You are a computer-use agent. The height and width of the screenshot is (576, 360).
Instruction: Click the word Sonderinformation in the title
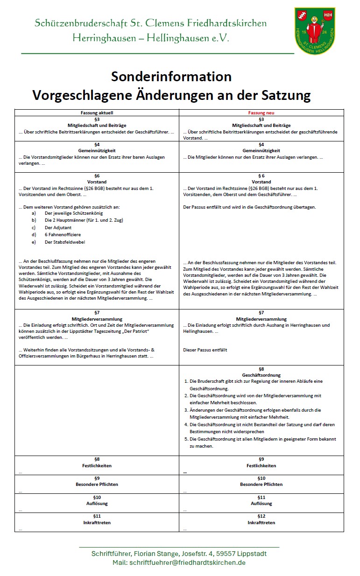171,76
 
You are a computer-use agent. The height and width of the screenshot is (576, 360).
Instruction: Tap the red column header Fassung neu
261,113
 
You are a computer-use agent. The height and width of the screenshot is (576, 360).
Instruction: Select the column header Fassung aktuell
97,113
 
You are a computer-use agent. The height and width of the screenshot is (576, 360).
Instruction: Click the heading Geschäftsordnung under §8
261,375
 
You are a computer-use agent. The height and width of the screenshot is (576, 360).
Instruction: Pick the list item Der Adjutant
58,227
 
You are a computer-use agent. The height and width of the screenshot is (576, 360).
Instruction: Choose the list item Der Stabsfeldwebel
65,242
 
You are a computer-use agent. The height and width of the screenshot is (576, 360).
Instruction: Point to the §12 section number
261,516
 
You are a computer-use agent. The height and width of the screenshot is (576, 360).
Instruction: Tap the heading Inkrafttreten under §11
97,523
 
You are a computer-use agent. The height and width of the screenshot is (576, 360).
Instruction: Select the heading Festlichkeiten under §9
261,465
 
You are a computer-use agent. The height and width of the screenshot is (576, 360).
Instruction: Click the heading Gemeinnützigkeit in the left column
97,151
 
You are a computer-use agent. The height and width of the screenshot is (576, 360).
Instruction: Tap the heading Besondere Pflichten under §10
261,485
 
